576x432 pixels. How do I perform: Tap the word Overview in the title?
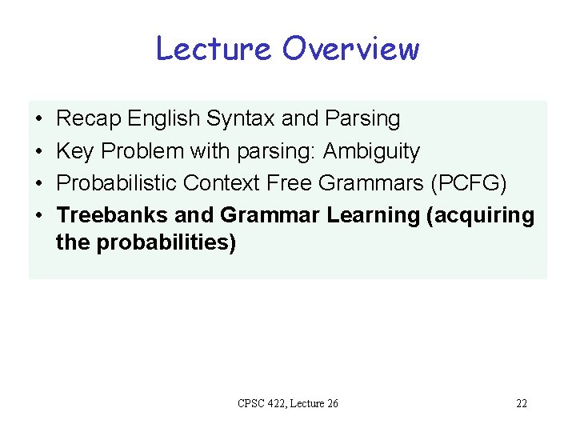click(350, 49)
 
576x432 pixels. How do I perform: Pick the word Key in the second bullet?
click(74, 151)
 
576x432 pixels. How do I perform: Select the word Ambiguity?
click(371, 152)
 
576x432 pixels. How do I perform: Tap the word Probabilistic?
click(117, 183)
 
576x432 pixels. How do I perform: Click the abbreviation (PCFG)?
click(468, 184)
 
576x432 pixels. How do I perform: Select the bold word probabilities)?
click(166, 242)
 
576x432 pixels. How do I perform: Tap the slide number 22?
click(521, 403)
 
